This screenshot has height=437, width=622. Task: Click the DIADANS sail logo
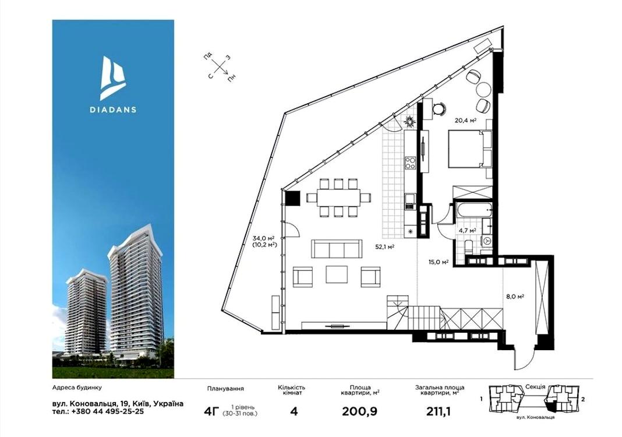point(112,77)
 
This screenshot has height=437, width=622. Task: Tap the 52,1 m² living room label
point(384,246)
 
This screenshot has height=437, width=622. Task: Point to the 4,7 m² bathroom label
point(467,230)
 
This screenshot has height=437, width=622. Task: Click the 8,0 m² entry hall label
point(515,296)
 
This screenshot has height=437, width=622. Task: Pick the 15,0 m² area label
point(439,262)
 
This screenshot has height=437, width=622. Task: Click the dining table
point(338,198)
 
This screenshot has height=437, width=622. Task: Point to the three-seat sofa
point(337,249)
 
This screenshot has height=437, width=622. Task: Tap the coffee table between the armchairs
point(337,274)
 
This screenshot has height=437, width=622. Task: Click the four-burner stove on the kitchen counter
point(410,163)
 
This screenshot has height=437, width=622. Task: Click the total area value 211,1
point(439,411)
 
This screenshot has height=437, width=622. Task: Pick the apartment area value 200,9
point(359,411)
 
